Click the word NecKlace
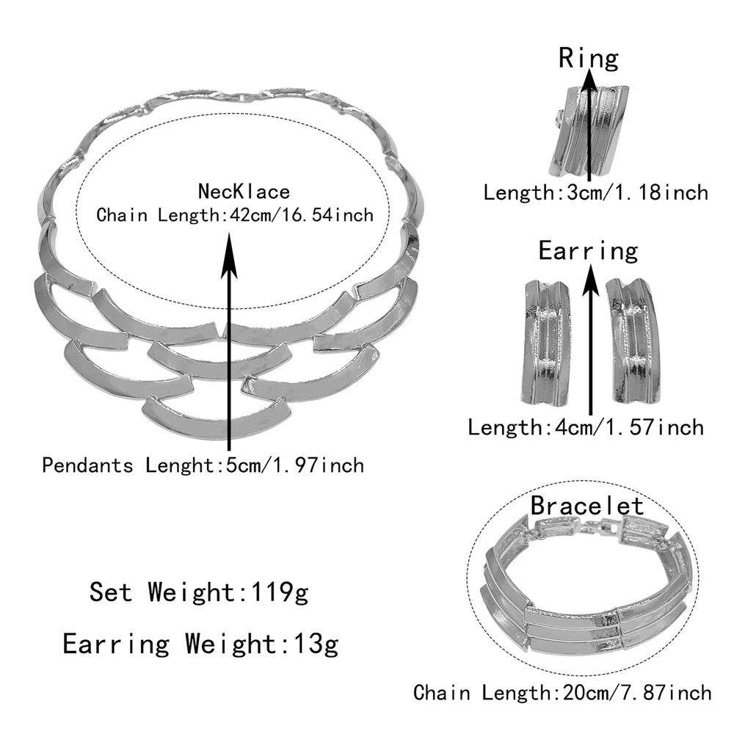[244, 192]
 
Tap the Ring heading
[589, 59]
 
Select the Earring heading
[588, 251]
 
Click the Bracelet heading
[587, 506]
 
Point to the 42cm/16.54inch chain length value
[302, 215]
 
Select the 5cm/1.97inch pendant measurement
[295, 466]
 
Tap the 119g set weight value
[280, 592]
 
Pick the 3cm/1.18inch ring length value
[638, 193]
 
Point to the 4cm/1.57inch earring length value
[629, 428]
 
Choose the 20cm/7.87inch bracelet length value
[637, 693]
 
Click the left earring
[546, 343]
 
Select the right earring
[634, 341]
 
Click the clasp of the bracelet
[601, 530]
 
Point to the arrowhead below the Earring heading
[591, 280]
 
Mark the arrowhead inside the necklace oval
[229, 256]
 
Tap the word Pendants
[87, 466]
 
